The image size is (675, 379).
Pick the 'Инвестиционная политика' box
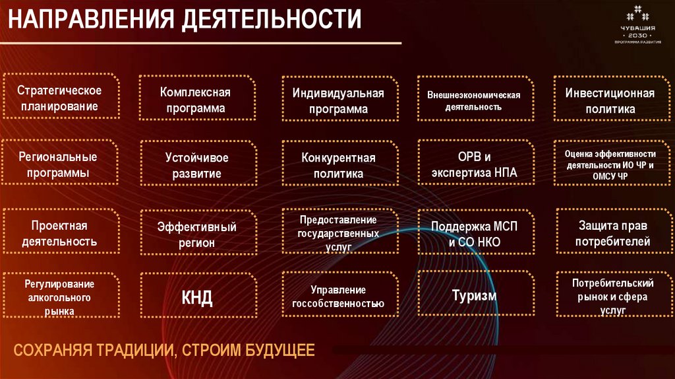(x=610, y=100)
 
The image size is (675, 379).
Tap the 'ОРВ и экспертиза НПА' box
(x=473, y=165)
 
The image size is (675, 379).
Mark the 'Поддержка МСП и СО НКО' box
(x=473, y=233)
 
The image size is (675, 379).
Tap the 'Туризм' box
(x=473, y=295)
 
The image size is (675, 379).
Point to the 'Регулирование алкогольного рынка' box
(x=59, y=296)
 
